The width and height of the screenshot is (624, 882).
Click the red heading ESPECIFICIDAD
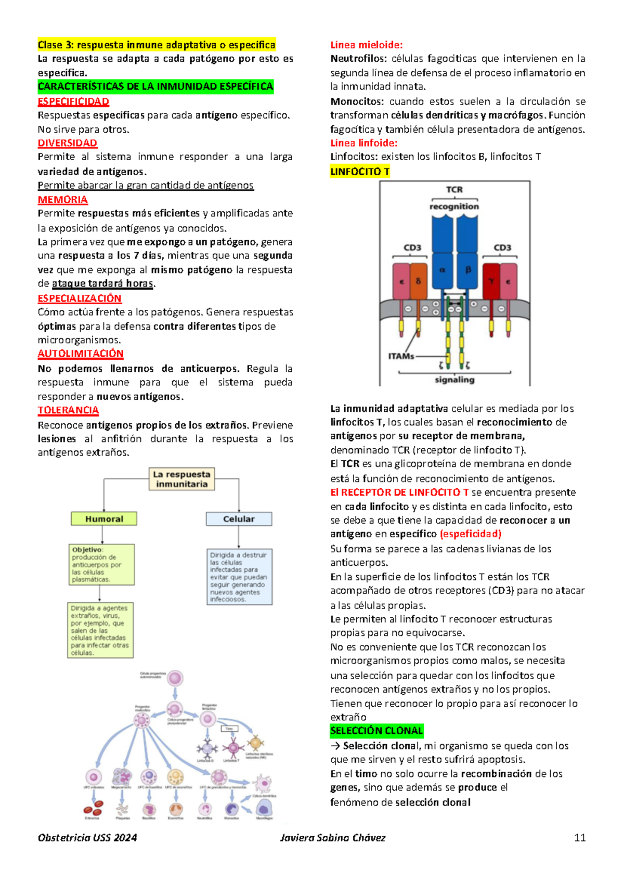click(73, 101)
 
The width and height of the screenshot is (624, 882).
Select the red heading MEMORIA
click(62, 200)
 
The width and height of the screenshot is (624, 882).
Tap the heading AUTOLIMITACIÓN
click(80, 354)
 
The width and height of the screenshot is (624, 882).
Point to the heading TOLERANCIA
click(68, 410)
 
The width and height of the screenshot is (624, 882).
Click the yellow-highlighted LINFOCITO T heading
click(360, 172)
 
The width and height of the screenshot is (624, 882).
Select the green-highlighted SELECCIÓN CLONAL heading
click(376, 731)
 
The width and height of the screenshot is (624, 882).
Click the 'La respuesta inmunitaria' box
click(181, 479)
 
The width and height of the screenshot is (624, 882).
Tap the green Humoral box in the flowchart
click(104, 519)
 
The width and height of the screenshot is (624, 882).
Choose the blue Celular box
click(239, 519)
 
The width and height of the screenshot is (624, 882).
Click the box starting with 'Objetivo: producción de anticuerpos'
click(101, 564)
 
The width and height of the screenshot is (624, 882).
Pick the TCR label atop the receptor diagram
click(454, 190)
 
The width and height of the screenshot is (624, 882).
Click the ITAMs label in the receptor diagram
click(401, 356)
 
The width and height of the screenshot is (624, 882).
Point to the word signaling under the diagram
click(454, 380)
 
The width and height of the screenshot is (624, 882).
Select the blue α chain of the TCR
click(443, 270)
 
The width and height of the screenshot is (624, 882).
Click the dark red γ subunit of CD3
click(491, 281)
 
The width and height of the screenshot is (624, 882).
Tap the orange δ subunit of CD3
click(418, 281)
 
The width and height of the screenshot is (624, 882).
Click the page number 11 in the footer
click(580, 837)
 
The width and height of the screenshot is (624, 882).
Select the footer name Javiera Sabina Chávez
click(333, 837)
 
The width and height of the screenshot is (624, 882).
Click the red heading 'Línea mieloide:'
click(367, 45)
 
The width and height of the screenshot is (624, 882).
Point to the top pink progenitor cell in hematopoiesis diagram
click(175, 678)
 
